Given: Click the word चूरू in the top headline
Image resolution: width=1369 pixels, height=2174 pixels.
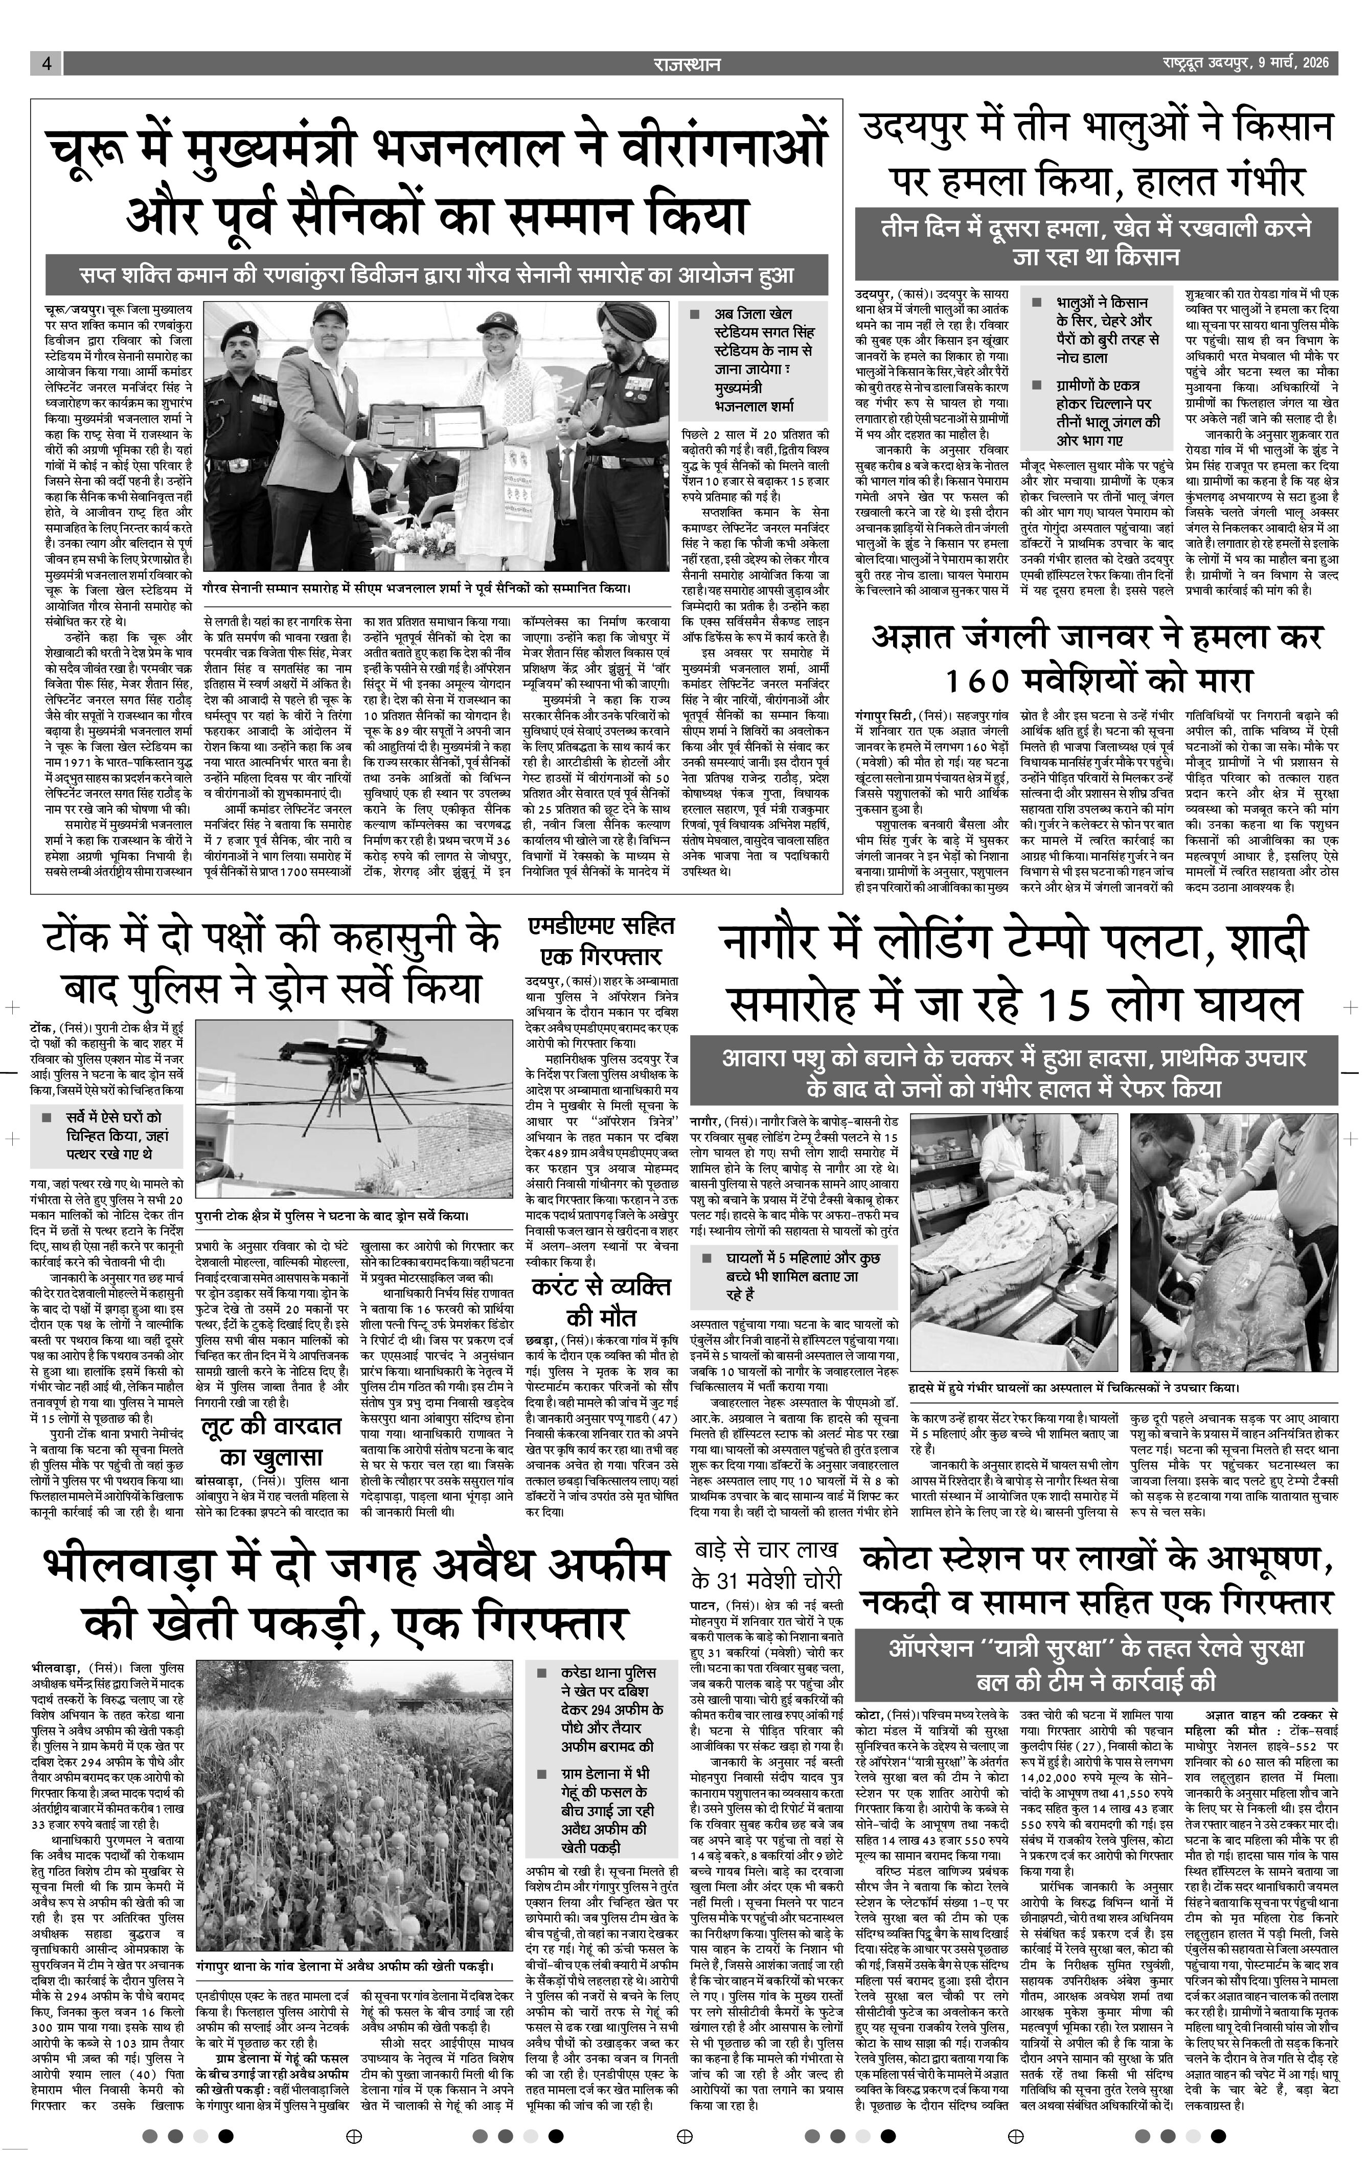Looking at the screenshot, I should click(x=87, y=151).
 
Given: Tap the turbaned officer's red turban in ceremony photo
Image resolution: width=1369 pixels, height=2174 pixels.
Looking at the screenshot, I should click(x=629, y=318).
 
